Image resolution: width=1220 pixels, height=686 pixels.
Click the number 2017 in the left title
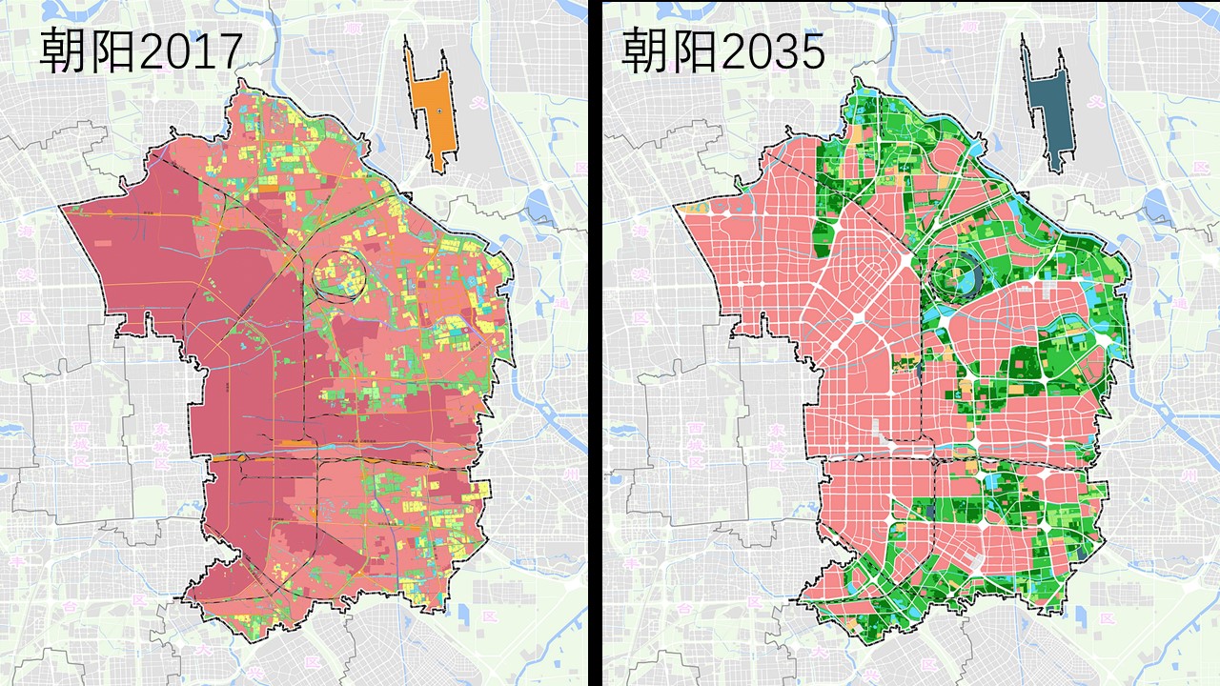[191, 51]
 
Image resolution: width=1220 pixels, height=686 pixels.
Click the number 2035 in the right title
[773, 51]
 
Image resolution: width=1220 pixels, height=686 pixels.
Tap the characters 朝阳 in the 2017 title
[87, 51]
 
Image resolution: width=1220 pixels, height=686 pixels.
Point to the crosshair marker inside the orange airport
[437, 112]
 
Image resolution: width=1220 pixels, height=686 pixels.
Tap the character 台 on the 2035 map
[684, 606]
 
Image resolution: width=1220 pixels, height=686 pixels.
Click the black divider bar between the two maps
[595, 343]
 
